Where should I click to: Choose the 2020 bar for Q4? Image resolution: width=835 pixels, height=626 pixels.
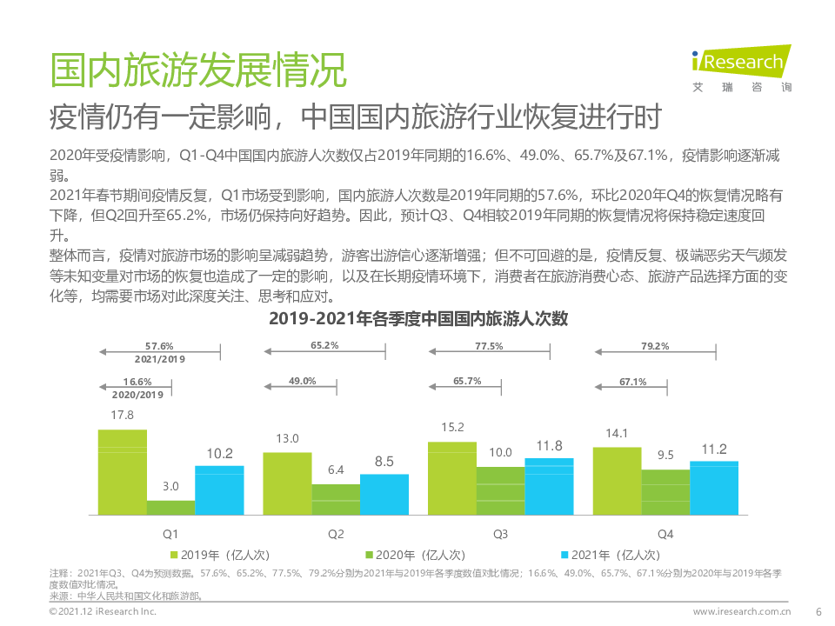[665, 494]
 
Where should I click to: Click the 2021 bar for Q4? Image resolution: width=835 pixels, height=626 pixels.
[714, 489]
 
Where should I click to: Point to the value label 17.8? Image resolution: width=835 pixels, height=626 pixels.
[122, 415]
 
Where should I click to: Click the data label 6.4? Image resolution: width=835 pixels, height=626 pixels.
[336, 469]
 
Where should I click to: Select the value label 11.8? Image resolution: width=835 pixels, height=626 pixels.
[549, 446]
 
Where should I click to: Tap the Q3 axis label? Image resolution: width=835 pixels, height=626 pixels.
[500, 533]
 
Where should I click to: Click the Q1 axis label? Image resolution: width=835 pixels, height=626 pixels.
[170, 533]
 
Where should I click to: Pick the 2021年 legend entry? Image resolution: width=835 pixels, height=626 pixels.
[615, 555]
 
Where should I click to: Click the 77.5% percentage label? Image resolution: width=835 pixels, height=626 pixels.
[489, 346]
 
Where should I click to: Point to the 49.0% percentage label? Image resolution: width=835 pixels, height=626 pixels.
[303, 381]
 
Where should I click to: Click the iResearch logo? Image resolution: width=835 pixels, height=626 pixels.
[738, 64]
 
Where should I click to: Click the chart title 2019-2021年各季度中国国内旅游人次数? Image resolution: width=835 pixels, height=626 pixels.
[417, 318]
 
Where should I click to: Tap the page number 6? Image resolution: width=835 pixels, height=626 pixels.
[818, 611]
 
